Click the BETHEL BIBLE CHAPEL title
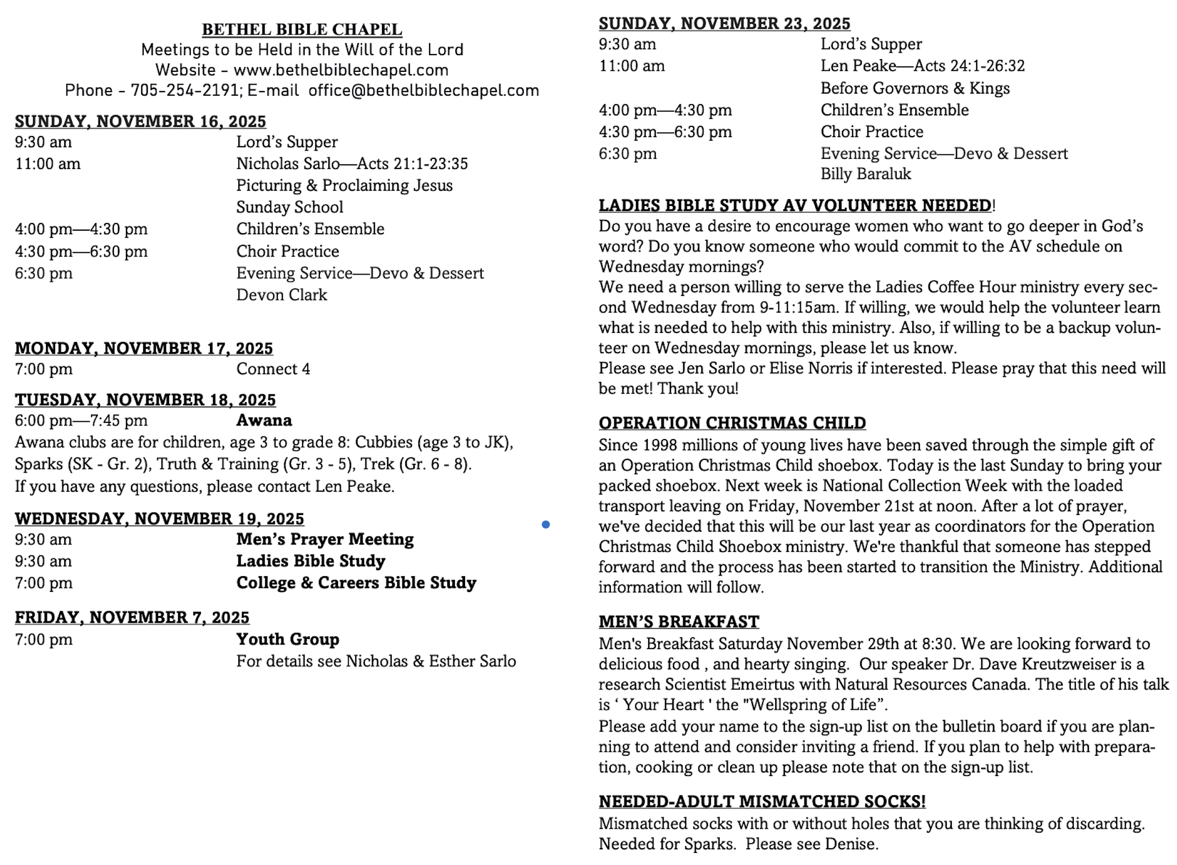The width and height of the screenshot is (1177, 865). pos(302,29)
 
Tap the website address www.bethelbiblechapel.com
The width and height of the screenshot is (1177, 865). pos(341,70)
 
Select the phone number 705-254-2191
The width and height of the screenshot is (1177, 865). pos(184,91)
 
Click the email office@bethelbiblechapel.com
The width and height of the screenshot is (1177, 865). pos(423,91)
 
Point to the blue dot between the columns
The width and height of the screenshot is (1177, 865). pos(545,524)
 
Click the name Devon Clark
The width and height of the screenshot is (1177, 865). pos(281,295)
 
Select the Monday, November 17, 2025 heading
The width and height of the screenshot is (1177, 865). pos(144,348)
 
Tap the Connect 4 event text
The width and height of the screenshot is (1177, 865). pos(273,369)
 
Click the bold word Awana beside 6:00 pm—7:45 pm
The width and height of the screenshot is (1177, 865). pos(264,420)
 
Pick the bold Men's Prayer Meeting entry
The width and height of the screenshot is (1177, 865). pos(325,539)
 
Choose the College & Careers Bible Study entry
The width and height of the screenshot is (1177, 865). pos(356,583)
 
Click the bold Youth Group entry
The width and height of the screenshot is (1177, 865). pos(287,639)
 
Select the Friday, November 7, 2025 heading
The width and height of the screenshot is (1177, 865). pos(132,617)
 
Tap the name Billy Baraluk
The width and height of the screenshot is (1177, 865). pos(865,174)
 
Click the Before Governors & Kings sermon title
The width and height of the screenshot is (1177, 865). pos(914,89)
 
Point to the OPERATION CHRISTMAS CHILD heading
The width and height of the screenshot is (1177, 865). pos(732,423)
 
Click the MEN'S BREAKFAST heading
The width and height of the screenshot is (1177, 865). pos(679,622)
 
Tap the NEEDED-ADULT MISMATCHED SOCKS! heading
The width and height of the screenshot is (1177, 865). pos(762,802)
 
